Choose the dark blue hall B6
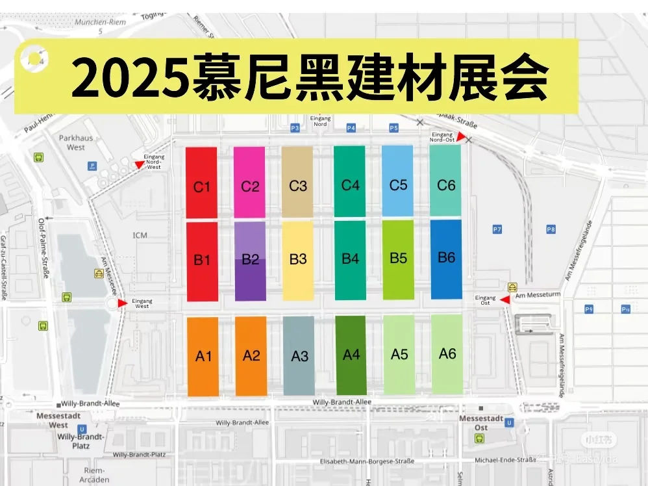(446, 259)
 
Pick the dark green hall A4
(351, 355)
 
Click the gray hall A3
(299, 355)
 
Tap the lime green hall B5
(398, 259)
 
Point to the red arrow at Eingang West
(122, 303)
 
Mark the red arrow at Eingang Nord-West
(139, 165)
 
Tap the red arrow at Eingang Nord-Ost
(461, 136)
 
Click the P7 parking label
(497, 229)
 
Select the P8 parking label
(551, 229)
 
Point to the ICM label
(140, 235)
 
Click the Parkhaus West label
(76, 142)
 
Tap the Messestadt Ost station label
(482, 423)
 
